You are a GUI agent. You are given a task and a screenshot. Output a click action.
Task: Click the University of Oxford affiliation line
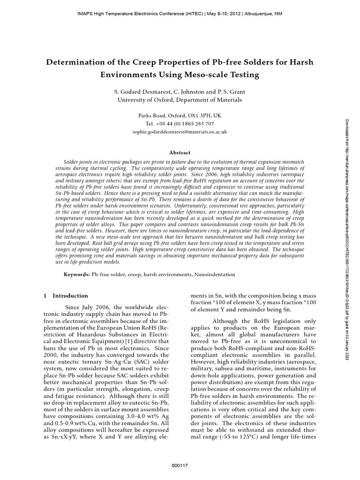[x=180, y=100]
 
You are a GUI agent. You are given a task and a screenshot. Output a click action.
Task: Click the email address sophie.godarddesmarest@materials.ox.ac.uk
[x=180, y=132]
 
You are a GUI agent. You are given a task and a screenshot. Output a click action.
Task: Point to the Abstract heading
[x=180, y=152]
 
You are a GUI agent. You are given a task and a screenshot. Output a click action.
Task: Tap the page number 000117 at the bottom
[x=180, y=465]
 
